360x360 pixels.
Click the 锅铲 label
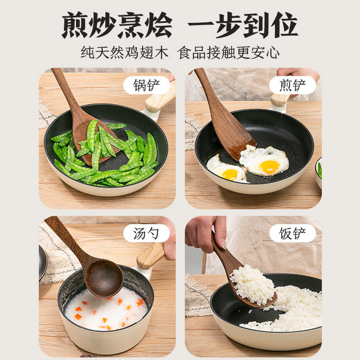point(146,85)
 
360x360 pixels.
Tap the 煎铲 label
point(292,85)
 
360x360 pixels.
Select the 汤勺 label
point(146,234)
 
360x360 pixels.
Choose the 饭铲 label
point(292,234)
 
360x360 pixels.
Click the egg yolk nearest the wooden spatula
point(270,167)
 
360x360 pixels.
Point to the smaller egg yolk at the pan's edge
point(230,175)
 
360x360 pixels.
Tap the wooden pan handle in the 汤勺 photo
point(151,256)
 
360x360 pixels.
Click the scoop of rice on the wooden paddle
point(252,285)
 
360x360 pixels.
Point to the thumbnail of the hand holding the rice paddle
point(223,244)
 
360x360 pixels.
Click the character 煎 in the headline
point(75,25)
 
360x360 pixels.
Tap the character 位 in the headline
point(284,25)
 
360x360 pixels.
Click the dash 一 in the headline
point(201,25)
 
